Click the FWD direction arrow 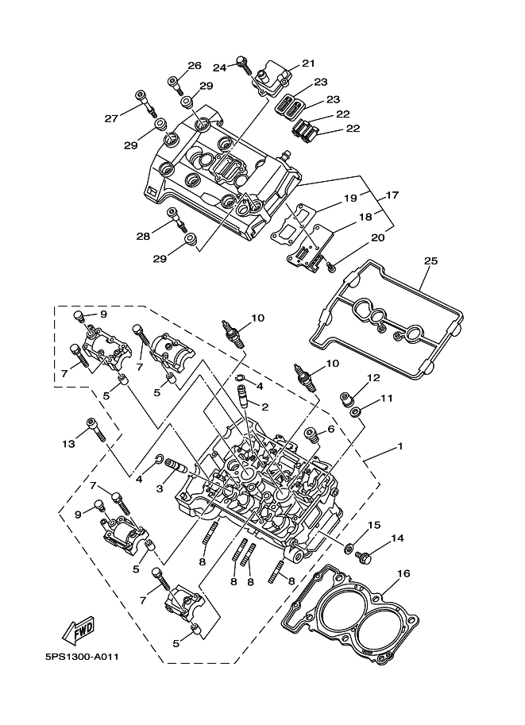(79, 631)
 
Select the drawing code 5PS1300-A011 (81, 657)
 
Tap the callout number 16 (403, 573)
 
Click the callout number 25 (430, 260)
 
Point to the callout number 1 (400, 446)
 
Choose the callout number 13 (68, 445)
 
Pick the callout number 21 (308, 64)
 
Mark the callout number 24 (219, 68)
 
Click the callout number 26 (195, 65)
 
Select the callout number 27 (111, 118)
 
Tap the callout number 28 (143, 236)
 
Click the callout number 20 (377, 237)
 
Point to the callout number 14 (397, 538)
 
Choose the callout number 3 (160, 488)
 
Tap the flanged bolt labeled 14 (362, 557)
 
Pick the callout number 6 (330, 429)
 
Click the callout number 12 (374, 378)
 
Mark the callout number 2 (264, 407)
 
